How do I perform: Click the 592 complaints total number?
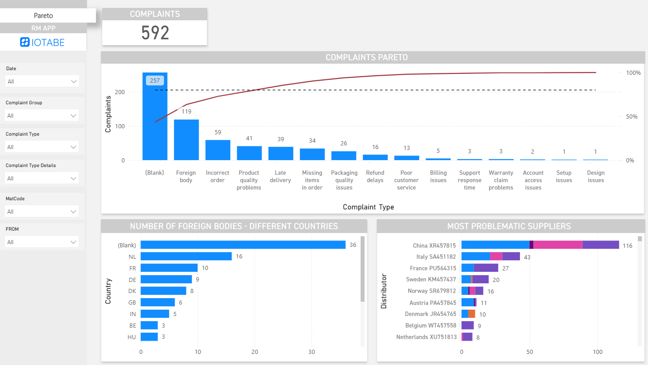155,33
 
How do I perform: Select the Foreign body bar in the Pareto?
186,140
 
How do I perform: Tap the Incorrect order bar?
217,150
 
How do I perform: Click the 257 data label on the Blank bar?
155,80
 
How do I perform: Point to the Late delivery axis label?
280,176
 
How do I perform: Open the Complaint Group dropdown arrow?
74,116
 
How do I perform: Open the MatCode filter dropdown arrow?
74,212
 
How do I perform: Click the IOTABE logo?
43,42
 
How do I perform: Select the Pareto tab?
43,16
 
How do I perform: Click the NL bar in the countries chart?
186,256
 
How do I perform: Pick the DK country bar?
163,291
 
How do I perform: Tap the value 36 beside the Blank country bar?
353,245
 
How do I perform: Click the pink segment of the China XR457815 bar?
557,245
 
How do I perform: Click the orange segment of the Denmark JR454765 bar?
472,314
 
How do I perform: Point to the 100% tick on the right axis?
633,73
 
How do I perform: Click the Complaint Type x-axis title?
368,207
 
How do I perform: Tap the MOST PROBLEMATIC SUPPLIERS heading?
509,226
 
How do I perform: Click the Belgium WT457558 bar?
467,325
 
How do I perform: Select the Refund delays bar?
375,157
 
